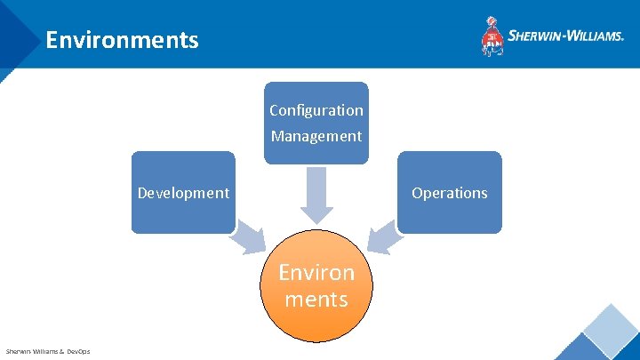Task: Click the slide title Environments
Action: pyautogui.click(x=122, y=40)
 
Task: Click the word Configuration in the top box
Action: pyautogui.click(x=316, y=110)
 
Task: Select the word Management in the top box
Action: pyautogui.click(x=316, y=136)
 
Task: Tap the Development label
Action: pyautogui.click(x=183, y=193)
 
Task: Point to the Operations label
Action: pyautogui.click(x=449, y=193)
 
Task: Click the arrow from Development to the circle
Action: pyautogui.click(x=249, y=237)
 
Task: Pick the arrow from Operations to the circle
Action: pyautogui.click(x=384, y=237)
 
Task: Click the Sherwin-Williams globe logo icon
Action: pyautogui.click(x=492, y=36)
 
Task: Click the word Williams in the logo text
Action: pyautogui.click(x=591, y=36)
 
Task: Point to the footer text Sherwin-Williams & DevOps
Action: pyautogui.click(x=48, y=351)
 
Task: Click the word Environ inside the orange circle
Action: pyautogui.click(x=316, y=272)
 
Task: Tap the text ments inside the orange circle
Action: pyautogui.click(x=316, y=299)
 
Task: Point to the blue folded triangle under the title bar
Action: pyautogui.click(x=9, y=74)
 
